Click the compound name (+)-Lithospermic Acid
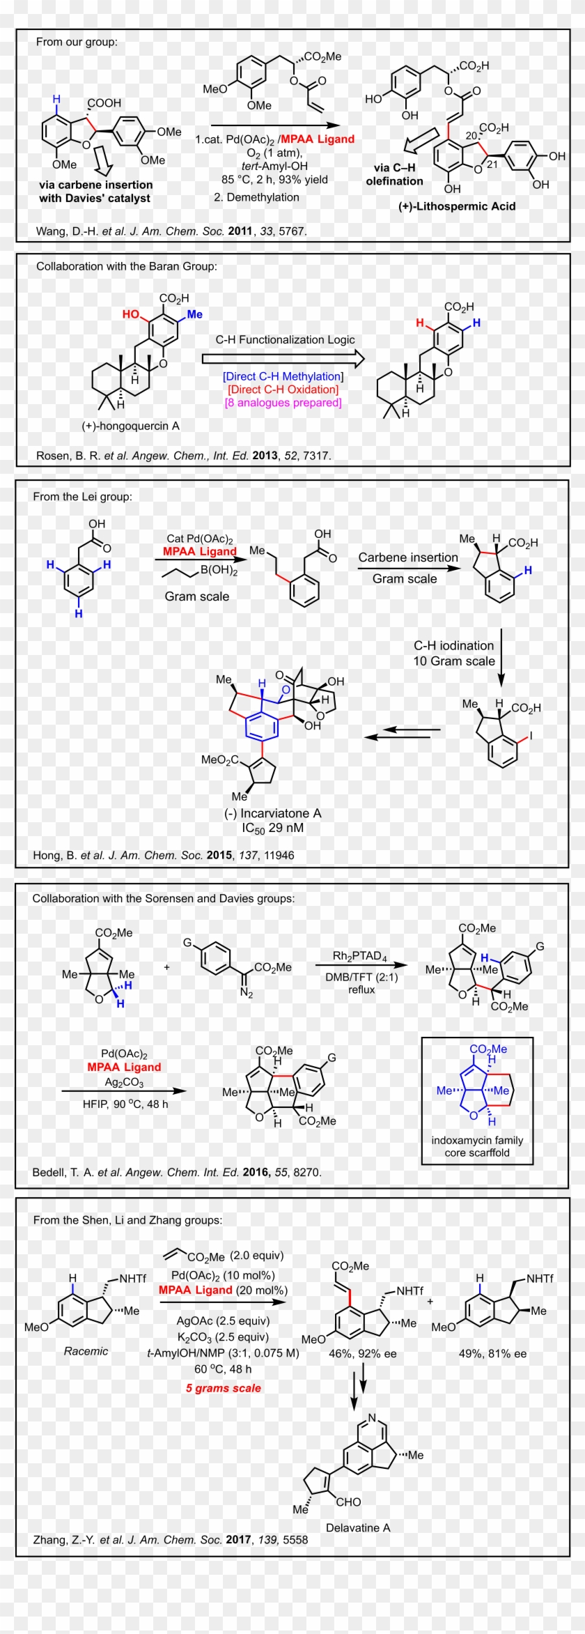click(457, 206)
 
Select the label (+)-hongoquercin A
click(130, 426)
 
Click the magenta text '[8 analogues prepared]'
click(283, 403)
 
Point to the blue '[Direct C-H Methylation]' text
click(283, 376)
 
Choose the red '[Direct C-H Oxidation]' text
click(283, 390)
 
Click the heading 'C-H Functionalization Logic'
click(285, 340)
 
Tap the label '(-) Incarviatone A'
click(272, 813)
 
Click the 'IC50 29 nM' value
click(272, 828)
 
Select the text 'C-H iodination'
click(453, 646)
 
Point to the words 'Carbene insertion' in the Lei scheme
click(408, 557)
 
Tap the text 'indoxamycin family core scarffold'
click(477, 1146)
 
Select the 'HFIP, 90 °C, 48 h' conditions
click(125, 1104)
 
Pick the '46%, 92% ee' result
click(362, 1354)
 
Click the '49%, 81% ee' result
click(492, 1354)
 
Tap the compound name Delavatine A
click(358, 1527)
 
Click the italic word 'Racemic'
click(86, 1351)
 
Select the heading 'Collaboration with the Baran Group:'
click(126, 266)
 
